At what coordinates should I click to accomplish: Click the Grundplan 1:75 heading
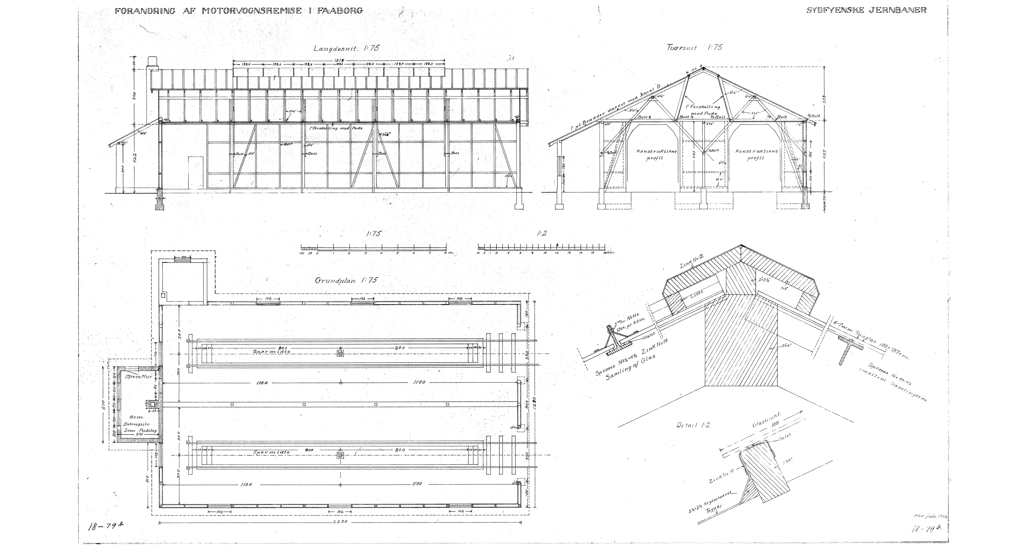[x=346, y=280]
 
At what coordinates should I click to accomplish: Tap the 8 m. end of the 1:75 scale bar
[x=448, y=252]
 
